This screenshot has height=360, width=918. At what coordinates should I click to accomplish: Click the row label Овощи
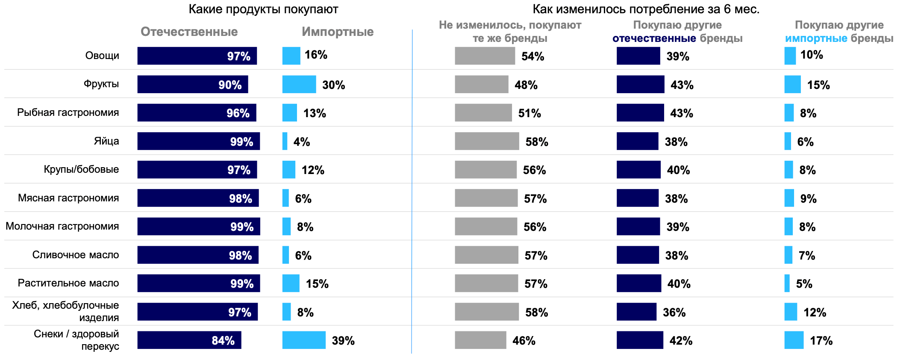click(x=102, y=56)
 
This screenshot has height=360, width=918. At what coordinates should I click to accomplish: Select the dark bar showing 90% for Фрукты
click(x=192, y=84)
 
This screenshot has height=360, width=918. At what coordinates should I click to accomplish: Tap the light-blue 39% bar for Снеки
click(x=304, y=340)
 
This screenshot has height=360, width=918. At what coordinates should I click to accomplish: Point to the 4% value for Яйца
click(x=302, y=142)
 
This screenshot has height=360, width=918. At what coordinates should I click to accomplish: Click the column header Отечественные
click(x=189, y=32)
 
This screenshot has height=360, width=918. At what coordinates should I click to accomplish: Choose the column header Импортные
click(x=338, y=32)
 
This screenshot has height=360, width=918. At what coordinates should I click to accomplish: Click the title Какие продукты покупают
click(x=263, y=9)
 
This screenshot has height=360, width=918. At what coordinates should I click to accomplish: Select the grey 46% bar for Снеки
click(x=480, y=340)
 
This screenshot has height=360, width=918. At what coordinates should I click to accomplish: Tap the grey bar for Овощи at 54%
click(x=485, y=56)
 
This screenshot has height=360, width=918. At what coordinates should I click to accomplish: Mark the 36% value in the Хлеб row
click(x=674, y=312)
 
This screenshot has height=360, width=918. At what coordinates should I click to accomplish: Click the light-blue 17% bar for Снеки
click(x=794, y=340)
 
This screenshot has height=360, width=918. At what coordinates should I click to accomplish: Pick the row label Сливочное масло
click(x=76, y=255)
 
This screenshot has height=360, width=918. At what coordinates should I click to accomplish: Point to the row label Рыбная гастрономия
click(x=68, y=112)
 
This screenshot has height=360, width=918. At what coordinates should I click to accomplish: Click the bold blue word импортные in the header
click(x=816, y=38)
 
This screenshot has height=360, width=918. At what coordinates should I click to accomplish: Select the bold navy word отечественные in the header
click(x=654, y=38)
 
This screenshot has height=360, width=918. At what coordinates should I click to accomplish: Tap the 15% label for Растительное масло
click(x=317, y=283)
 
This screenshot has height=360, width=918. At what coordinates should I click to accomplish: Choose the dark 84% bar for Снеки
click(x=189, y=340)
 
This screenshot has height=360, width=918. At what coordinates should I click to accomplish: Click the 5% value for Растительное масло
click(x=804, y=283)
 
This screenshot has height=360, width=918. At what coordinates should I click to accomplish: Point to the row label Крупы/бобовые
click(x=81, y=169)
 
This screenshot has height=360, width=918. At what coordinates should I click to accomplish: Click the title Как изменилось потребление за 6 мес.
click(x=646, y=9)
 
